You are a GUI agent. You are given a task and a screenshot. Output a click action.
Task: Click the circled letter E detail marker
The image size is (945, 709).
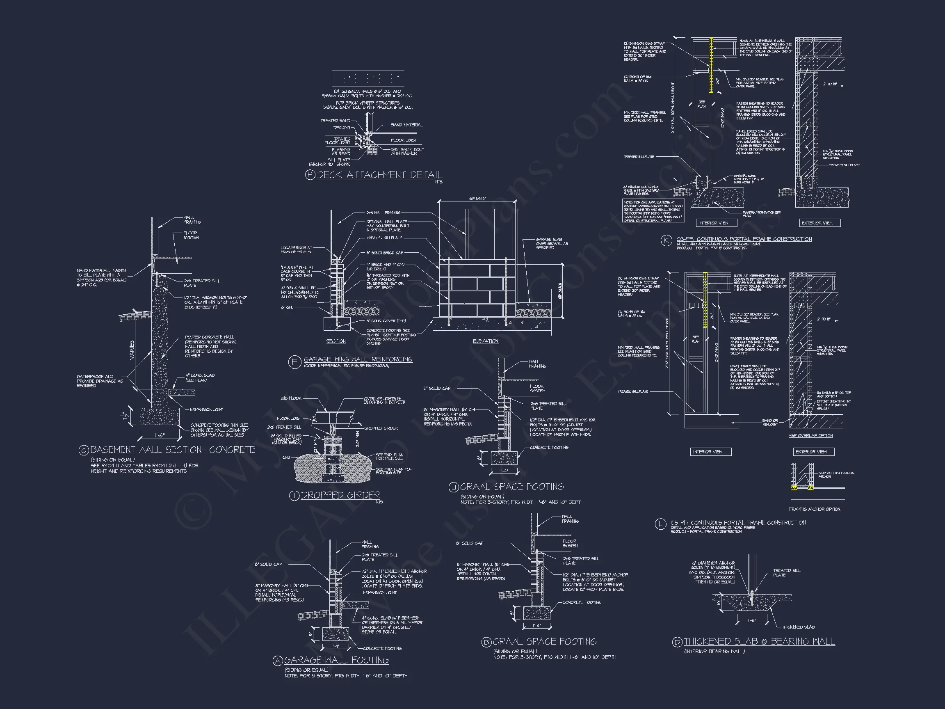click(310, 175)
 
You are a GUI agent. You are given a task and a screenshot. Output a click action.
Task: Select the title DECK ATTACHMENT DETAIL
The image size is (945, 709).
click(379, 175)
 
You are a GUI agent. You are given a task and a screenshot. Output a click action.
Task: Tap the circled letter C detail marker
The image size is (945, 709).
click(84, 450)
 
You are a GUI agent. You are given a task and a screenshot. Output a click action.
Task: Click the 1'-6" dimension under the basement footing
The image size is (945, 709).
click(159, 435)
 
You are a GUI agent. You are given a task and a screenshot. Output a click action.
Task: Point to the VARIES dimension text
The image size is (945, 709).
click(132, 350)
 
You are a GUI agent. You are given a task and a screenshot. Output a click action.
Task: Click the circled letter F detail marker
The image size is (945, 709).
click(295, 362)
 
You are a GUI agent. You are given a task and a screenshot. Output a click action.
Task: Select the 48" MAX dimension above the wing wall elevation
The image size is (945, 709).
click(477, 199)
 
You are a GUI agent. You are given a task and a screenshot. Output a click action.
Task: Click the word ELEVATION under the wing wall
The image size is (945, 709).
click(485, 341)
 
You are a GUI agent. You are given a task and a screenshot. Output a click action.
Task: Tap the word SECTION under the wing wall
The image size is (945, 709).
click(336, 341)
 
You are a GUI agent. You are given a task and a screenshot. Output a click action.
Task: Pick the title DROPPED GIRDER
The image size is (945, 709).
click(340, 495)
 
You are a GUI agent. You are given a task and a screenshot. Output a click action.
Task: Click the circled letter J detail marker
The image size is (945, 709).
click(453, 487)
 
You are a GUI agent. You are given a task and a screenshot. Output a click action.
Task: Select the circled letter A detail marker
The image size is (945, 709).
click(278, 661)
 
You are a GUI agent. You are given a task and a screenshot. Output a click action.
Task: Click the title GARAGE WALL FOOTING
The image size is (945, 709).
click(336, 660)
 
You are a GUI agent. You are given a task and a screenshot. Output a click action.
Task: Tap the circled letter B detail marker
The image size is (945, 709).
click(486, 642)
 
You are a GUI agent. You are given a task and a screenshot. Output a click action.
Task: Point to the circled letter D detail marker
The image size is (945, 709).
click(677, 642)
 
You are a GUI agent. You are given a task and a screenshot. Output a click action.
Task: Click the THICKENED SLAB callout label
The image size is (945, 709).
click(798, 627)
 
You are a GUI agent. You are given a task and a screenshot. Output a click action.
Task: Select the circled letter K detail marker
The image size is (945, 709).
click(666, 240)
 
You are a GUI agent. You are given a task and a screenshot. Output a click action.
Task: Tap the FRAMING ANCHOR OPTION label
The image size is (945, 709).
click(814, 510)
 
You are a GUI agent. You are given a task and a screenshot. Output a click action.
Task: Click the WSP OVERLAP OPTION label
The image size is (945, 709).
click(810, 436)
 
